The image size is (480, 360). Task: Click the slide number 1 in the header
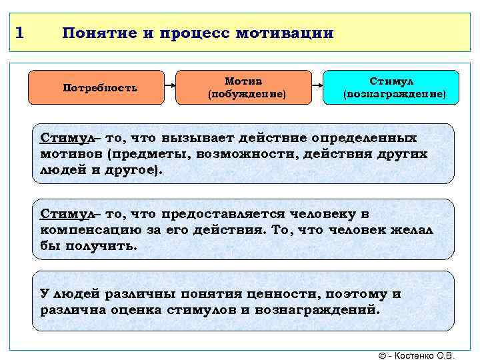(x=21, y=33)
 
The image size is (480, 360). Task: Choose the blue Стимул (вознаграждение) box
(x=391, y=87)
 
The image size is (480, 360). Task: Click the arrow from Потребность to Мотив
(x=170, y=87)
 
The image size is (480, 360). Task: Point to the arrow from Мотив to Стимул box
(x=317, y=87)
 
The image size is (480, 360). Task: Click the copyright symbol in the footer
(x=381, y=353)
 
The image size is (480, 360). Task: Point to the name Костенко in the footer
(x=417, y=353)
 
